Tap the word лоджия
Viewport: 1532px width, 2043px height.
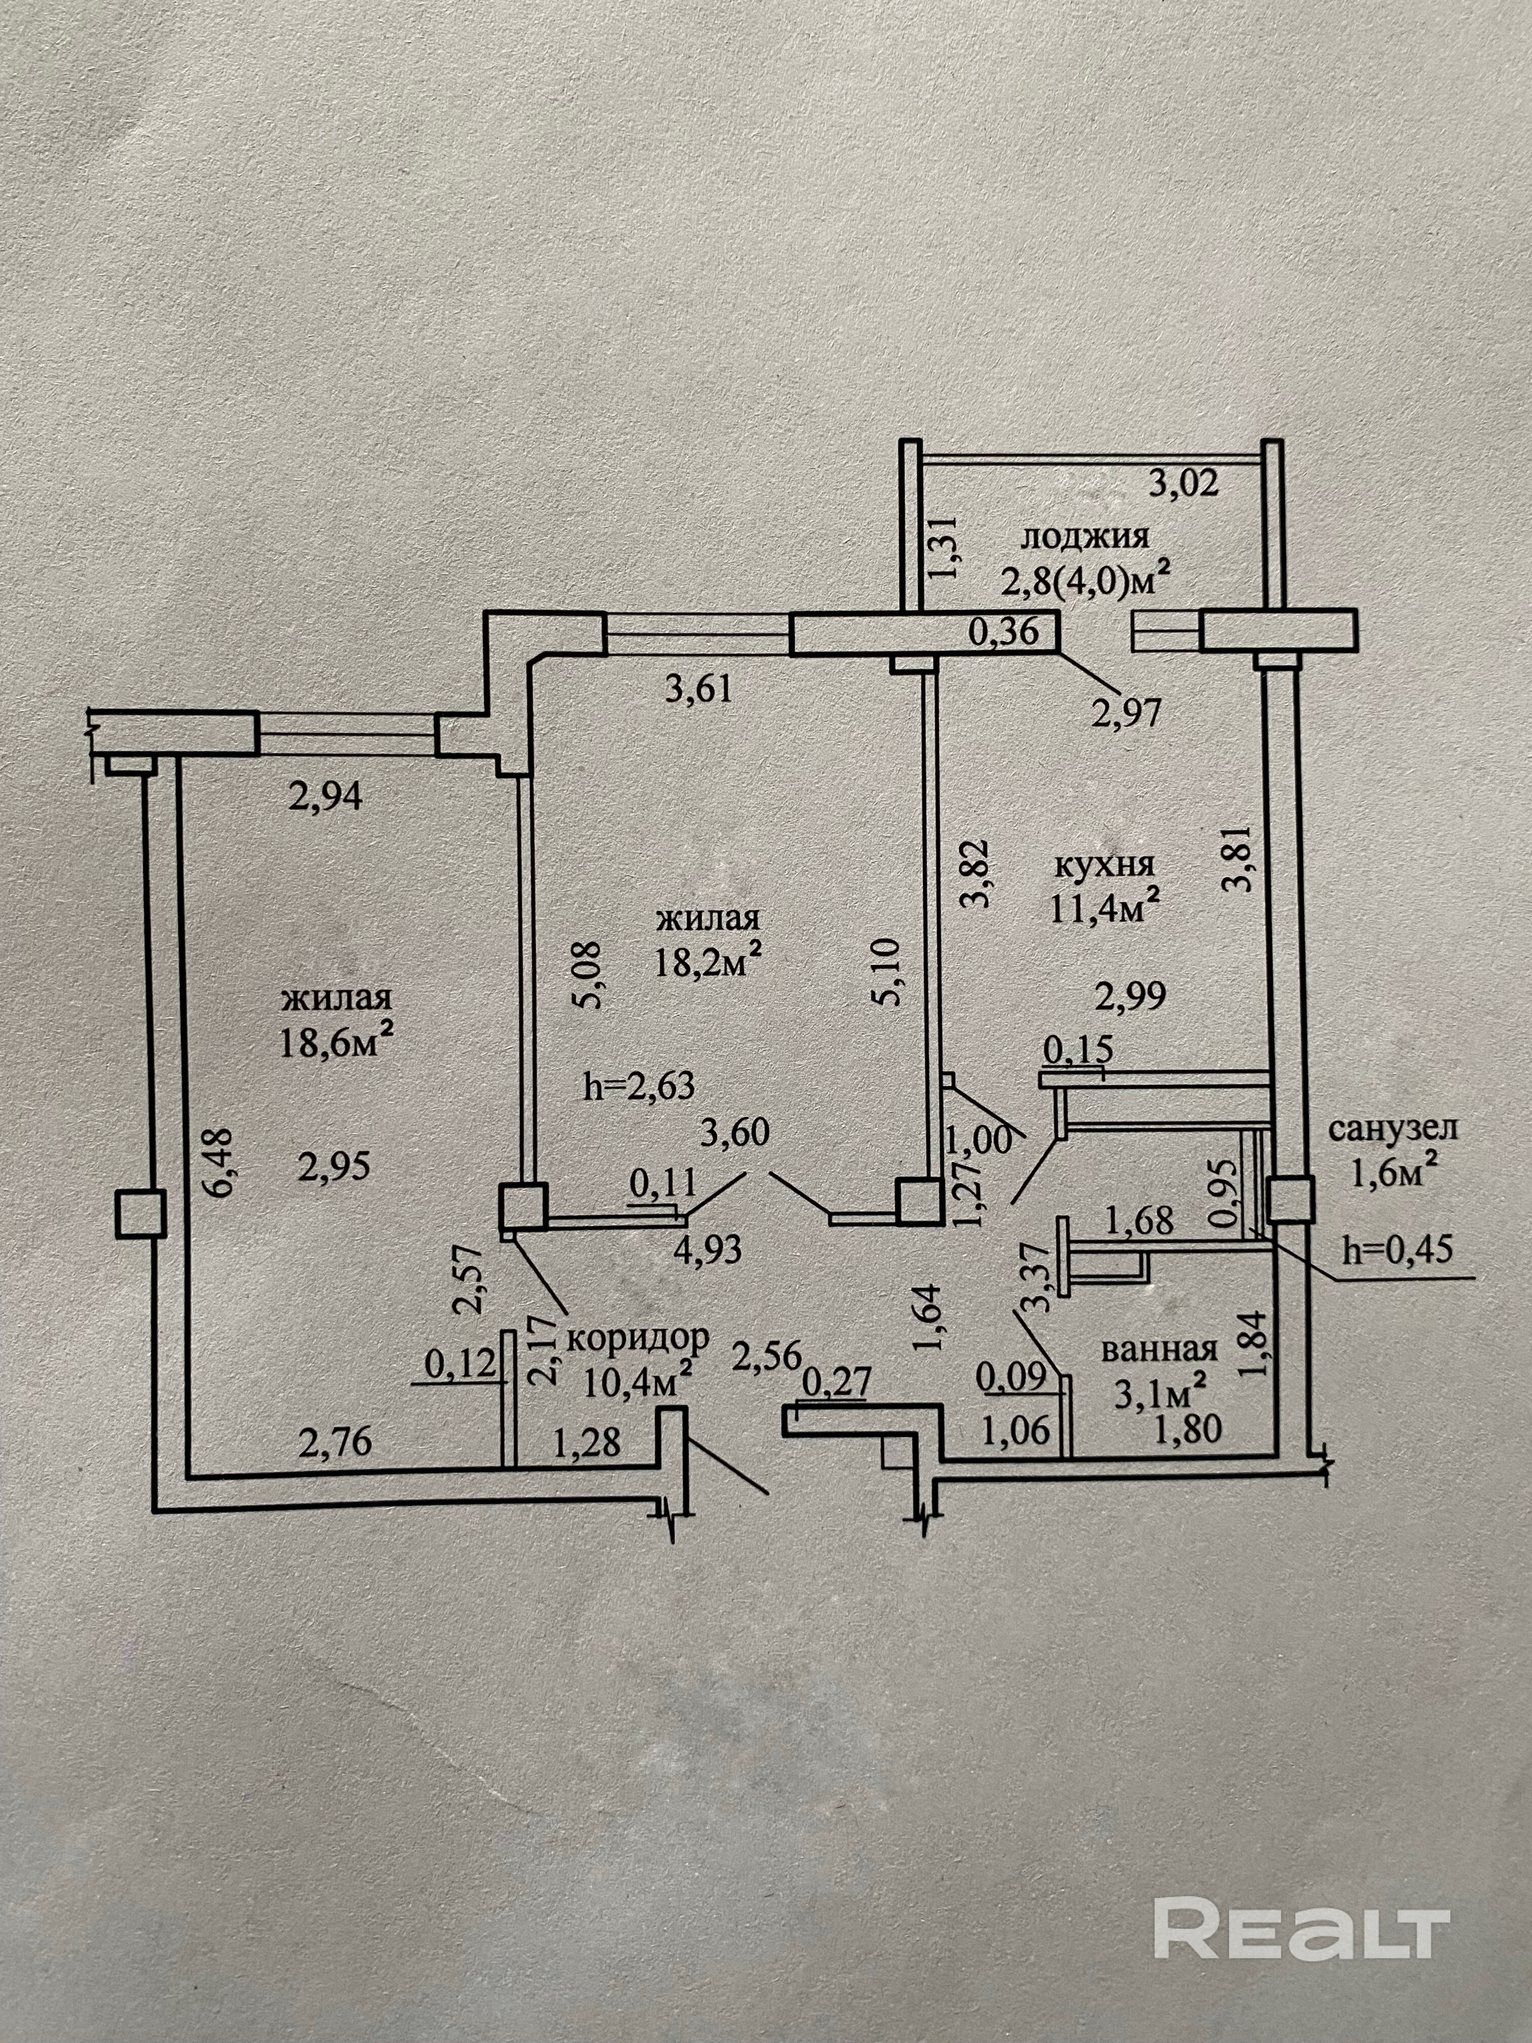point(1084,536)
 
